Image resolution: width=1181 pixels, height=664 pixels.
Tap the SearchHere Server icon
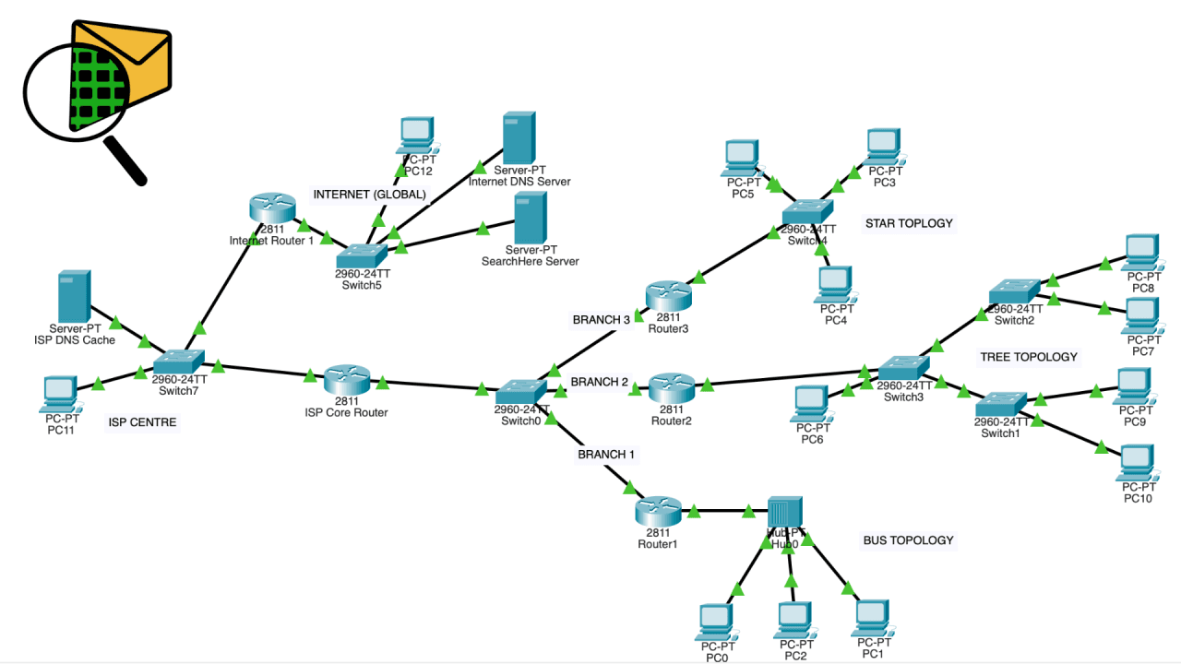[531, 217]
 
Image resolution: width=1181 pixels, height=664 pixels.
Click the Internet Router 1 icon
[271, 208]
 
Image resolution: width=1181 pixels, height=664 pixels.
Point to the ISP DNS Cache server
[74, 296]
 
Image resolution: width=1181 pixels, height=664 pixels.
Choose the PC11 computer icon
[61, 394]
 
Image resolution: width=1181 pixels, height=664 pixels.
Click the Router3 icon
[669, 296]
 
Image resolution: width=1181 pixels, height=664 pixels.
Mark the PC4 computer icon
[833, 285]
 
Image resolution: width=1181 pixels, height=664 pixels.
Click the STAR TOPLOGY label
[909, 223]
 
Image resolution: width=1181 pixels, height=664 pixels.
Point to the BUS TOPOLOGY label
[908, 540]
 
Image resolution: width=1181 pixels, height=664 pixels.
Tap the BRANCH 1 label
[606, 455]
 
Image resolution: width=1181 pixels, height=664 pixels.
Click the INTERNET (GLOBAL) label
[370, 195]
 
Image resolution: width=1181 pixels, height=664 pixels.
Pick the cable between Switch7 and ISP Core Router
[268, 371]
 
